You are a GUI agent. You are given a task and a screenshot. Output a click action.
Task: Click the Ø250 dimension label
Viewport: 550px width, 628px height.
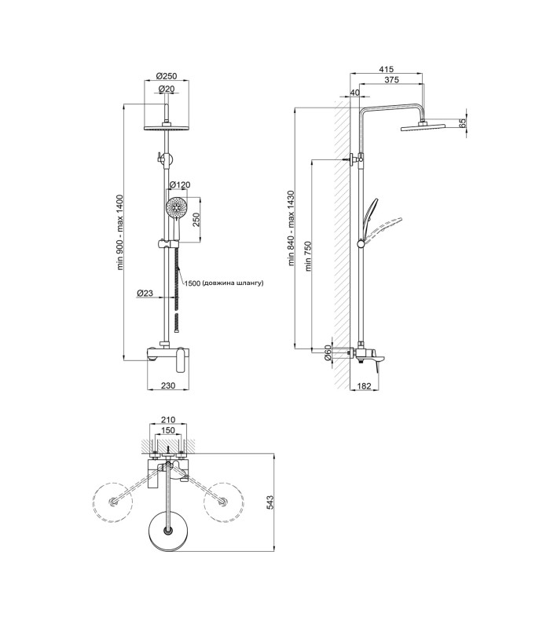167,76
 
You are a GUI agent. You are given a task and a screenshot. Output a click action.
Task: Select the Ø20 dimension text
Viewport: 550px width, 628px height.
167,89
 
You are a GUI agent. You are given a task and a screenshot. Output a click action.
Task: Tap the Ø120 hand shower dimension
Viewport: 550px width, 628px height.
179,184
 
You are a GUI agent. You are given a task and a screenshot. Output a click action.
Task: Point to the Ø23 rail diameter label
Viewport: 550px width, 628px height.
145,293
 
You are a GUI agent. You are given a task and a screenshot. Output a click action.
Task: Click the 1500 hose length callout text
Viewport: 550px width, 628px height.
224,283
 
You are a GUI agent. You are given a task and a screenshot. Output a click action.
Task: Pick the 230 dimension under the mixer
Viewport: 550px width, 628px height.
168,385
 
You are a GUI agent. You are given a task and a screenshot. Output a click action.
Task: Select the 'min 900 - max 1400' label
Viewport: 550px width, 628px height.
120,232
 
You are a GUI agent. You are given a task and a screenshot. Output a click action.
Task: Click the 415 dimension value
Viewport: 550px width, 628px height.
386,70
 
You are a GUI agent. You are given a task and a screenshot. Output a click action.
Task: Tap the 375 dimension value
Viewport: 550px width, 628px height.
391,80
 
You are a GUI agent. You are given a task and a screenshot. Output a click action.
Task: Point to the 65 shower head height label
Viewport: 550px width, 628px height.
463,123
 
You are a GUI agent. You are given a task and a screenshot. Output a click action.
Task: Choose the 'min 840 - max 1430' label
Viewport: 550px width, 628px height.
291,228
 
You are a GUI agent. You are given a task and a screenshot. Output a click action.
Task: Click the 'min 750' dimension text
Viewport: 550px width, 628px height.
308,257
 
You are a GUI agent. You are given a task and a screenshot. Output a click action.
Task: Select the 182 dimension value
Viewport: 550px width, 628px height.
364,386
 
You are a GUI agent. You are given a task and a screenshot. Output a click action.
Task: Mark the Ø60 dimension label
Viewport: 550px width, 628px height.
328,352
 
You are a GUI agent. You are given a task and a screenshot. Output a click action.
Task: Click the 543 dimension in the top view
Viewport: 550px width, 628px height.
269,502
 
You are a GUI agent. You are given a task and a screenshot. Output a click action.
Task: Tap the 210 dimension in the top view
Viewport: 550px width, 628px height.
168,420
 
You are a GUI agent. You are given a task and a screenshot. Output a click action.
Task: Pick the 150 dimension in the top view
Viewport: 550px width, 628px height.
167,430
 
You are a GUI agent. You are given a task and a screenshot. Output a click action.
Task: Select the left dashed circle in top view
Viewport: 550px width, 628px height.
112,502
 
